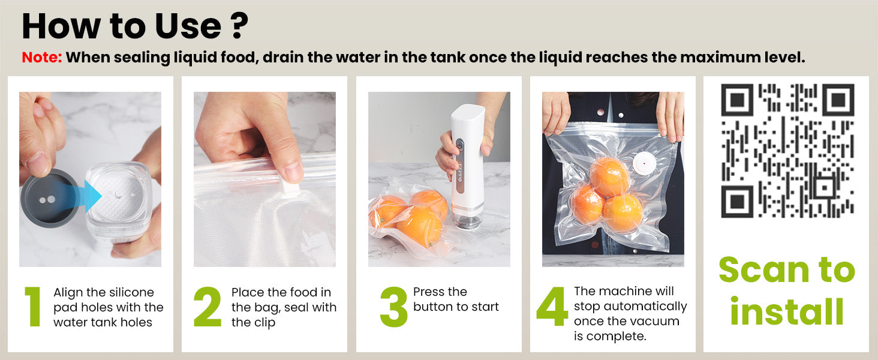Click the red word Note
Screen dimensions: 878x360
pos(41,57)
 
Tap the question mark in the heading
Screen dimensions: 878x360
pos(239,26)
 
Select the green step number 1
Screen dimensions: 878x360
pos(34,306)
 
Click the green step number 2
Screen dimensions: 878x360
pos(208,306)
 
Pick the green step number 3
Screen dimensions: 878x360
pos(393,306)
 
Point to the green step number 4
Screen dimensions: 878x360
pos(552,306)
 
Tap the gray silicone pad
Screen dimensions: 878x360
pos(48,198)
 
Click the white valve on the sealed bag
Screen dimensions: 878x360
pos(644,163)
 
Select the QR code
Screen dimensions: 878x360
pos(787,151)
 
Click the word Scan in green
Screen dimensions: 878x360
pos(764,270)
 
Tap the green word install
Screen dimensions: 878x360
pos(787,311)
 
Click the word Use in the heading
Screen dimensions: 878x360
pos(188,26)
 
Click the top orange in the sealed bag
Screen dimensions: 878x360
pos(609,176)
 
